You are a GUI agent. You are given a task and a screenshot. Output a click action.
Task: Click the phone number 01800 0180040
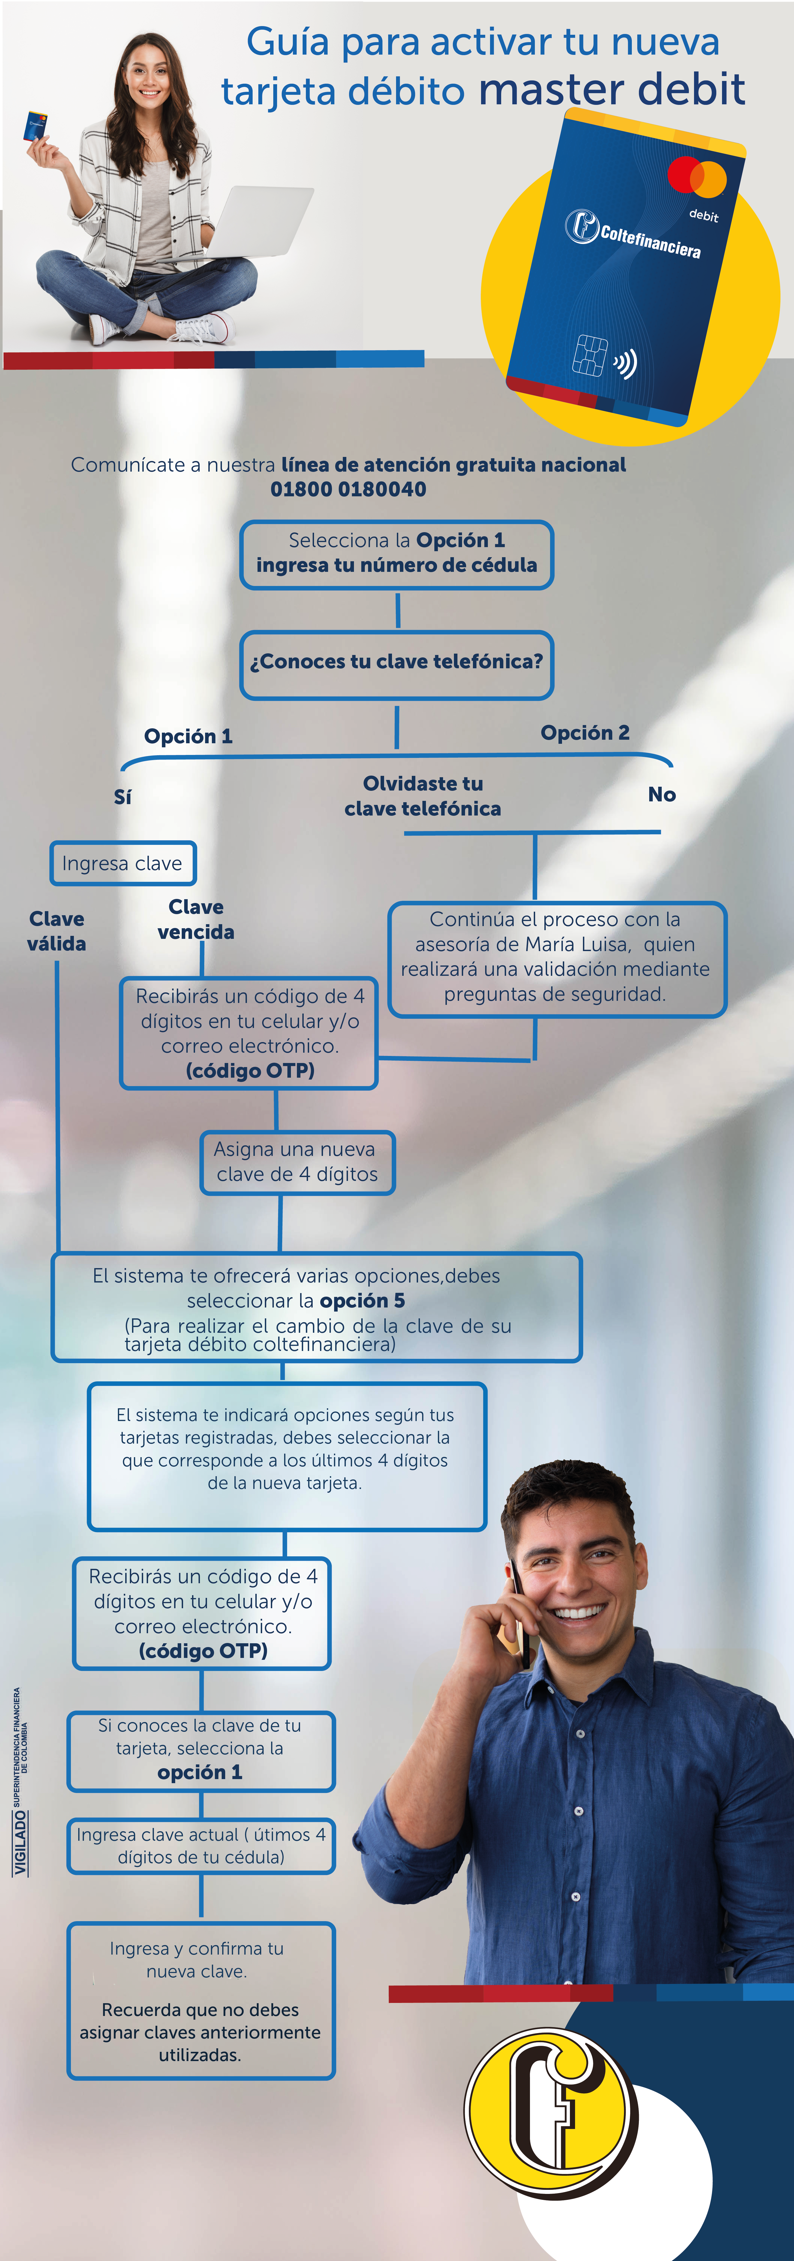(x=348, y=489)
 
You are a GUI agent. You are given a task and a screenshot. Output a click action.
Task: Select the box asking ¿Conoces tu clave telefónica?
(x=397, y=664)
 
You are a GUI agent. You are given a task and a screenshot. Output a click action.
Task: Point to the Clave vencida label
(x=196, y=919)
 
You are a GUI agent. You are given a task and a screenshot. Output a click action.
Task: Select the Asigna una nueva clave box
(x=297, y=1162)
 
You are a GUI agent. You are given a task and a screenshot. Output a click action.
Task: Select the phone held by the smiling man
(x=519, y=1618)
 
